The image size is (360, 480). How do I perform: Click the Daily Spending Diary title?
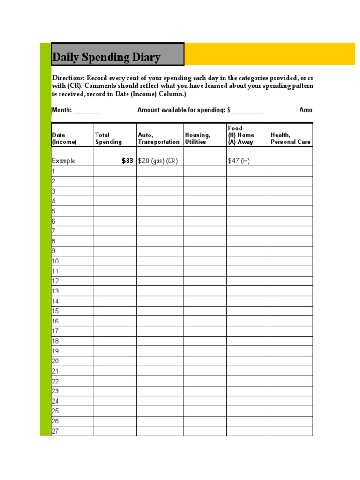coord(106,58)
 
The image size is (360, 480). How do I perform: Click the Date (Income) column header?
coord(64,138)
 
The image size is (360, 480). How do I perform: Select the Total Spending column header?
coord(108,138)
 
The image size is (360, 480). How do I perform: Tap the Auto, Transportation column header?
coord(158,138)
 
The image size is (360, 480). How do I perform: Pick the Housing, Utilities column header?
coord(198,138)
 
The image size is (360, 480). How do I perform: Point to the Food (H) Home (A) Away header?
coord(241,135)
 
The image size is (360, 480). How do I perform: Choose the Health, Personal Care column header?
coord(291,138)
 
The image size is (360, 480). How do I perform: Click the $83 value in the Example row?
coord(127,161)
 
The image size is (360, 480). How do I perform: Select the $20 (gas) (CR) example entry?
coord(158,161)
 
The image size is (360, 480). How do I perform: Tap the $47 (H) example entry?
coord(239,161)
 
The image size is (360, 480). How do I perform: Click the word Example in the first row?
coord(63,161)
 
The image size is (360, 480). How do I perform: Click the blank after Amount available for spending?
coord(247,111)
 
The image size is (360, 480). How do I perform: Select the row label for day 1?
coord(54,172)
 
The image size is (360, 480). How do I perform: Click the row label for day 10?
coord(55,261)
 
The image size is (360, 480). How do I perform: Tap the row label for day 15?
coord(55,311)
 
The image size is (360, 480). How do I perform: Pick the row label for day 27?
coord(55,431)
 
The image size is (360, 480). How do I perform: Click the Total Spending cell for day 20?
coord(115,361)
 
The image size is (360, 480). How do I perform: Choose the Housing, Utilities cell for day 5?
coord(205,211)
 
